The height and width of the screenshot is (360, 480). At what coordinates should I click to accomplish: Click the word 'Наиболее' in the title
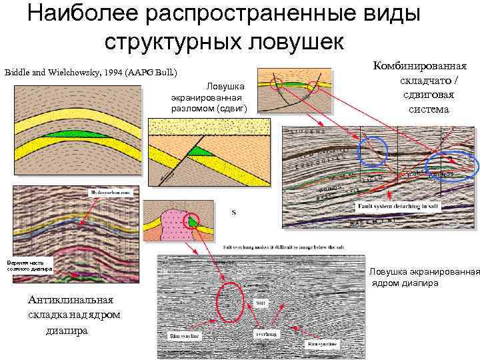(86, 14)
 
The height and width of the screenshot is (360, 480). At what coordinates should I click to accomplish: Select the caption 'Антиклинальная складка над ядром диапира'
(73, 314)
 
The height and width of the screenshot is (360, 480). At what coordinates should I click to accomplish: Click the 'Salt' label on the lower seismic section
(261, 303)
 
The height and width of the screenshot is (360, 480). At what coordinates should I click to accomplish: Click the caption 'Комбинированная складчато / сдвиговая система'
(421, 87)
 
